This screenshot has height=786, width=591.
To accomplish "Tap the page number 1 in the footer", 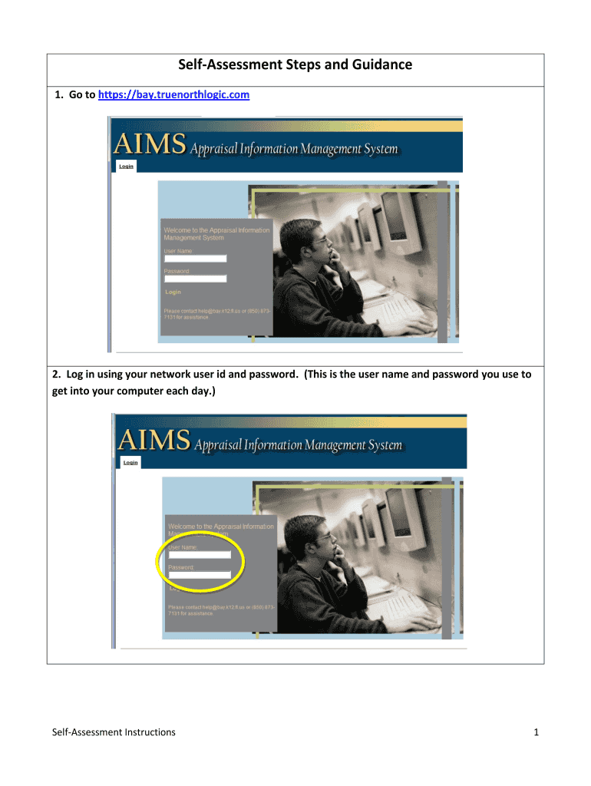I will click(x=537, y=732).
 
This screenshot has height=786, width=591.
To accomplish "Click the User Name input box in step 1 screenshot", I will click(x=195, y=259).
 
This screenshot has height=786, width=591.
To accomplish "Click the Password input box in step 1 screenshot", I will click(x=195, y=279).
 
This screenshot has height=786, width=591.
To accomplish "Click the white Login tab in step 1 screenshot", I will click(x=126, y=166).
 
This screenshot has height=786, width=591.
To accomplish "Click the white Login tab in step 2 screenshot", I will click(x=130, y=462).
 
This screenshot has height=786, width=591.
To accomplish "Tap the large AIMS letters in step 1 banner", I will click(x=150, y=144).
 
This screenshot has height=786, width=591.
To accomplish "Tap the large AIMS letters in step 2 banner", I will click(x=154, y=441).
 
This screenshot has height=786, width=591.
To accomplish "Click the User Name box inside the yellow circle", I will click(x=199, y=555).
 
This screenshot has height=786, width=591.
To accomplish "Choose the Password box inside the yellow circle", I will click(x=199, y=574).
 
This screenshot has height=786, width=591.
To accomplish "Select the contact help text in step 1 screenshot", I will click(x=215, y=314).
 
